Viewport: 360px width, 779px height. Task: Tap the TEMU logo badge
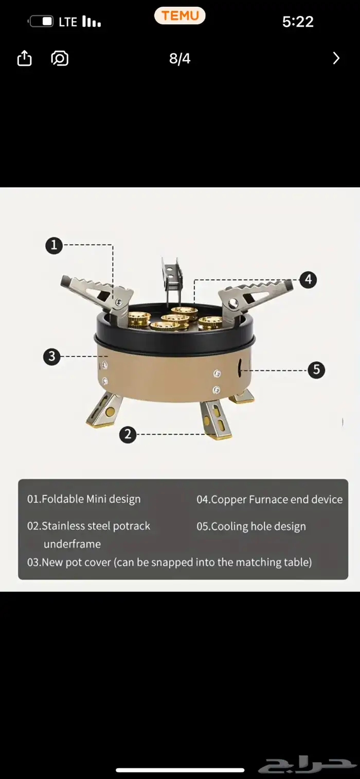click(x=179, y=15)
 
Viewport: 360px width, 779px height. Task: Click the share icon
click(x=24, y=58)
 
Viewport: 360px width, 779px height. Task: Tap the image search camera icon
click(x=60, y=58)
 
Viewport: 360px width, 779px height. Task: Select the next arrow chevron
click(x=336, y=58)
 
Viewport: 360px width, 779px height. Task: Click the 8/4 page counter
click(x=179, y=59)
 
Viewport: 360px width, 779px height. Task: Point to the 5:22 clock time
click(x=298, y=22)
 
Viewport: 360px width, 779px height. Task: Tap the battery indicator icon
click(x=41, y=22)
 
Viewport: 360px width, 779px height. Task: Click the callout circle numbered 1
click(x=54, y=245)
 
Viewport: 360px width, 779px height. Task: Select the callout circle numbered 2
click(x=128, y=434)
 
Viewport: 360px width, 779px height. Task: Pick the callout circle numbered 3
click(x=52, y=357)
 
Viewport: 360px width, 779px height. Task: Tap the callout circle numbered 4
click(x=308, y=279)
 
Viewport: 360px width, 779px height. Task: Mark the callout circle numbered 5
click(x=316, y=369)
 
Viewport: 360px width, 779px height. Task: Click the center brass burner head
click(x=175, y=318)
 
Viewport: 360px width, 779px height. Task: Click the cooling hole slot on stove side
click(x=240, y=367)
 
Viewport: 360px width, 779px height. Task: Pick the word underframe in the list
click(x=73, y=544)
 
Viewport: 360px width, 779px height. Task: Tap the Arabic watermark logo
click(x=307, y=765)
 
